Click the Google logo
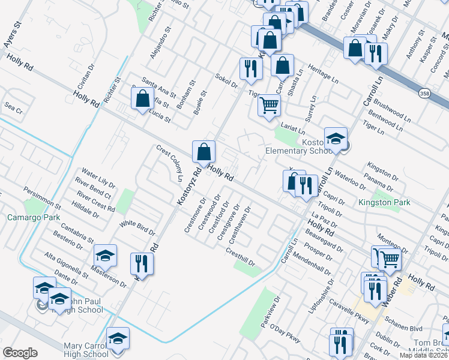click(20, 353)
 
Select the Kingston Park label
click(384, 203)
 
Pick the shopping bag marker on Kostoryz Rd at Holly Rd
click(203, 152)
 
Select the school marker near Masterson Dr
click(105, 257)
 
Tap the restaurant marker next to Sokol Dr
click(250, 68)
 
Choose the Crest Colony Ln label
click(170, 163)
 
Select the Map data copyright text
click(423, 355)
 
